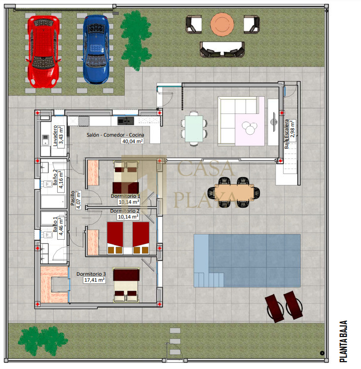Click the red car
pyautogui.click(x=43, y=51)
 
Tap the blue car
pyautogui.click(x=96, y=49)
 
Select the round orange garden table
pyautogui.click(x=222, y=25)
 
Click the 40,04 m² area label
pyautogui.click(x=133, y=141)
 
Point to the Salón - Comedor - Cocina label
pyautogui.click(x=115, y=135)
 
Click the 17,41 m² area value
pyautogui.click(x=94, y=280)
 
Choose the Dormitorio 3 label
pyautogui.click(x=91, y=274)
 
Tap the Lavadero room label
pyautogui.click(x=55, y=136)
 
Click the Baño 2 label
pyautogui.click(x=55, y=177)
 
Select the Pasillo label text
pyautogui.click(x=72, y=198)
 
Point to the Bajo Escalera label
pyautogui.click(x=287, y=134)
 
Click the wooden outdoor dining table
pyautogui.click(x=234, y=192)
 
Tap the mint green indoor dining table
pyautogui.click(x=194, y=129)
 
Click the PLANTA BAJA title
pyautogui.click(x=344, y=341)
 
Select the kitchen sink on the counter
pyautogui.click(x=126, y=121)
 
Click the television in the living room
pyautogui.click(x=273, y=122)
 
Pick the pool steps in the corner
pyautogui.click(x=209, y=280)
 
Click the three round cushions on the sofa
pyautogui.click(x=250, y=128)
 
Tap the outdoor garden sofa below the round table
pyautogui.click(x=222, y=49)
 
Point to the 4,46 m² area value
pyautogui.click(x=61, y=226)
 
